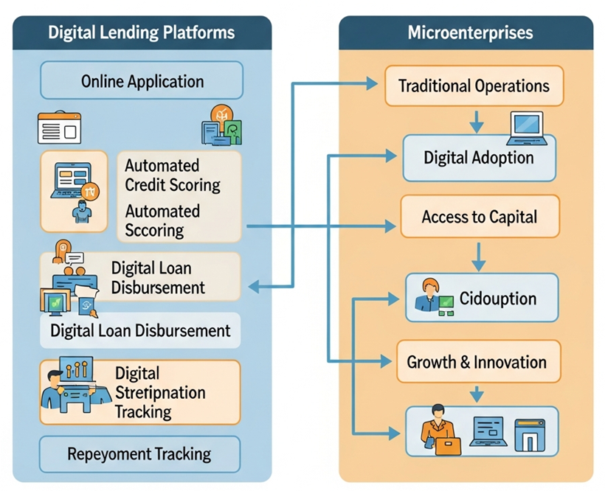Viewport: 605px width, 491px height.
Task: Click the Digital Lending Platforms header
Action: click(141, 32)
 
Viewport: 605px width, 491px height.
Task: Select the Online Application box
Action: click(142, 80)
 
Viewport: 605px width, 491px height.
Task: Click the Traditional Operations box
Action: click(474, 86)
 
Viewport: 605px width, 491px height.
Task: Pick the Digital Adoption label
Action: click(478, 158)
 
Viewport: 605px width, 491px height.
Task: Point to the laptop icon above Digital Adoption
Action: click(525, 127)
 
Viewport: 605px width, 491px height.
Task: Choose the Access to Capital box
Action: click(479, 217)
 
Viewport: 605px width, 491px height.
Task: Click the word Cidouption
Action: click(497, 299)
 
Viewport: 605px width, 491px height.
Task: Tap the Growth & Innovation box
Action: click(477, 362)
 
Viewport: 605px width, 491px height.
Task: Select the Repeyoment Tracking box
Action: click(139, 453)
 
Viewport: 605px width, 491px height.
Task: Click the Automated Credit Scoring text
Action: click(173, 175)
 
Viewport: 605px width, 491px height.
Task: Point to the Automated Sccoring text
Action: click(162, 220)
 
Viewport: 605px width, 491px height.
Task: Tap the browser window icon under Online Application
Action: click(58, 130)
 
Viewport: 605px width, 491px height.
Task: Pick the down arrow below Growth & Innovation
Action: click(478, 394)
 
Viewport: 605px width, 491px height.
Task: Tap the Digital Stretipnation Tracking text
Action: click(160, 392)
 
